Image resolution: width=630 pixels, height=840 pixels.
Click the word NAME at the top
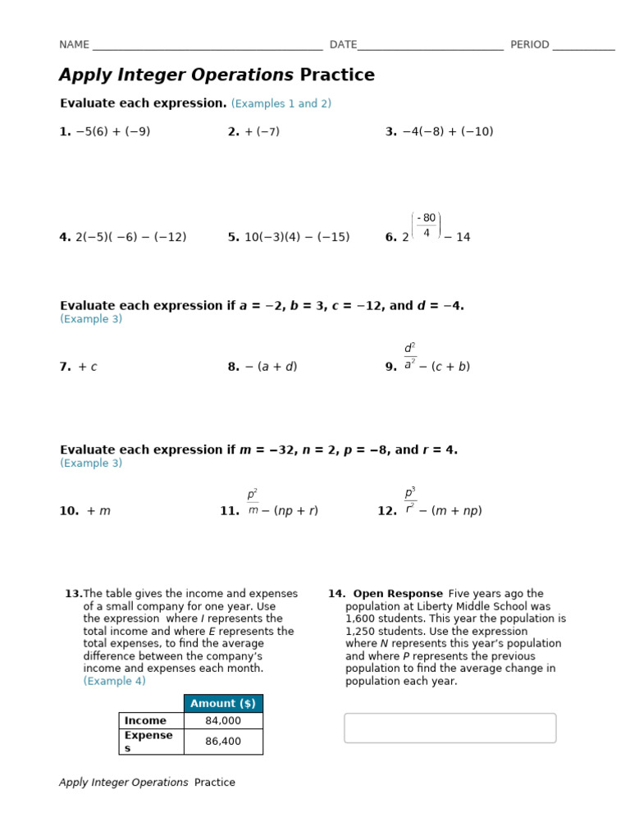click(74, 45)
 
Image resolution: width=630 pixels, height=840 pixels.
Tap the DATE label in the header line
click(343, 45)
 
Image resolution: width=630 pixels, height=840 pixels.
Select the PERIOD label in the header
click(530, 45)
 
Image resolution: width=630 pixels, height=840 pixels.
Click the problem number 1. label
click(65, 132)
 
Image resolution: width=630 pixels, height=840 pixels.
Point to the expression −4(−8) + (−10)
click(448, 132)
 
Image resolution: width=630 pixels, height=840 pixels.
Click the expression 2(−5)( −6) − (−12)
click(131, 238)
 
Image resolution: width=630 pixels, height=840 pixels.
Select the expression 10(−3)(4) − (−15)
click(297, 238)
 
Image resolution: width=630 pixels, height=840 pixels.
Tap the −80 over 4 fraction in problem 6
click(426, 226)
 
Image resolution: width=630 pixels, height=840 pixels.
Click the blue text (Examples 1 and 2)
click(281, 104)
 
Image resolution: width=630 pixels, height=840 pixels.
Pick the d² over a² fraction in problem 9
click(410, 355)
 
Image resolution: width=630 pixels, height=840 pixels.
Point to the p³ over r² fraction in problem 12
click(410, 500)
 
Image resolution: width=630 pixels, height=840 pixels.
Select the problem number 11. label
click(230, 511)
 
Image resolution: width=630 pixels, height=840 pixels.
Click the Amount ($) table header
click(223, 704)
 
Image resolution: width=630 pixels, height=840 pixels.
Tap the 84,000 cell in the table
click(223, 721)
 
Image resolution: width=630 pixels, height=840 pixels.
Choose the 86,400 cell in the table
click(223, 742)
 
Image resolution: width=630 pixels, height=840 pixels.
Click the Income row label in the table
click(145, 721)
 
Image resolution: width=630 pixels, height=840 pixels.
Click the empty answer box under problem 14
click(450, 728)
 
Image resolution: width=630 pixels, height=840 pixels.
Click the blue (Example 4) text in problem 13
click(114, 682)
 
